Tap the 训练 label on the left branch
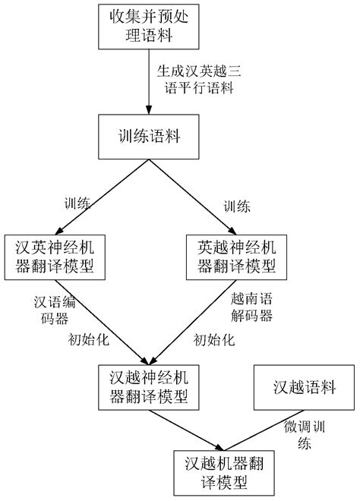point(77,204)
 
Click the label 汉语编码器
point(52,309)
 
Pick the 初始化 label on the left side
point(84,339)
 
